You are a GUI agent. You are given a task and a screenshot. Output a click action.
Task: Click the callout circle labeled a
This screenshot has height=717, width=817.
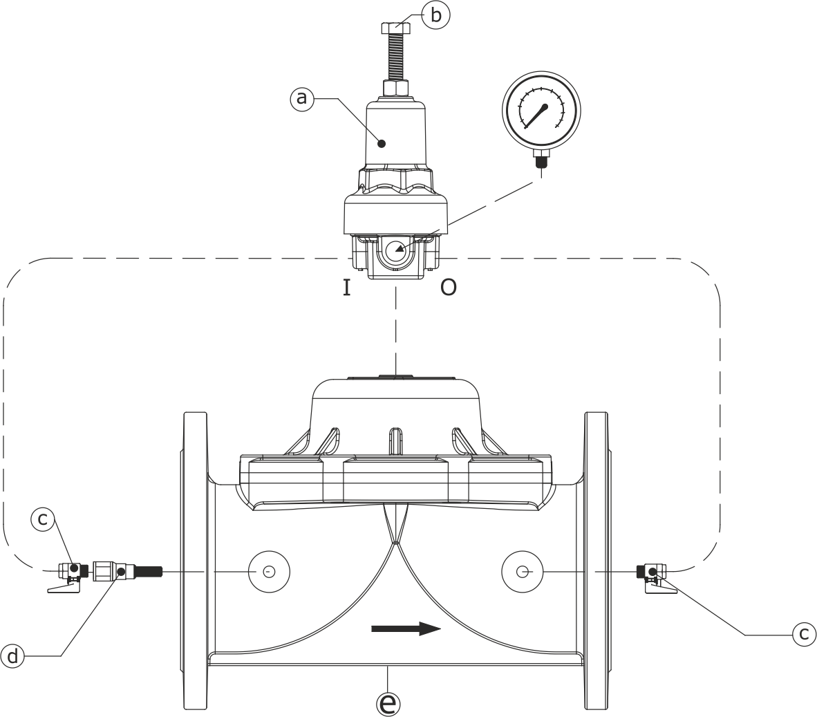(x=301, y=99)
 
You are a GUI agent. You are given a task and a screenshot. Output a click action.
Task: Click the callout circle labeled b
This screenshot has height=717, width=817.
(x=435, y=15)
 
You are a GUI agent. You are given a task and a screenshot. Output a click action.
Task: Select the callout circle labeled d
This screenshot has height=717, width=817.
(x=12, y=655)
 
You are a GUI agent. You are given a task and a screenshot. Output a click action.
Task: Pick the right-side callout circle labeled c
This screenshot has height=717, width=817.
(x=804, y=633)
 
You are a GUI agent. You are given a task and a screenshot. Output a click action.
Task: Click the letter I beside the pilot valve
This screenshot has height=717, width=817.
(x=346, y=288)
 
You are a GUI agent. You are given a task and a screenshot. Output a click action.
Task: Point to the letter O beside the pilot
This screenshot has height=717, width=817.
(x=449, y=288)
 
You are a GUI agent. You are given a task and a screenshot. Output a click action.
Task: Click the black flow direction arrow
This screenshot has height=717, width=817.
(x=406, y=628)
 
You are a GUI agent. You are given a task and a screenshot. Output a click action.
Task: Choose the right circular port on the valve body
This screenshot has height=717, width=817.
(x=523, y=572)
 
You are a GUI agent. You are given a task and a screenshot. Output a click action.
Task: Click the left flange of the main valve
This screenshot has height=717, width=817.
(x=194, y=560)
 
